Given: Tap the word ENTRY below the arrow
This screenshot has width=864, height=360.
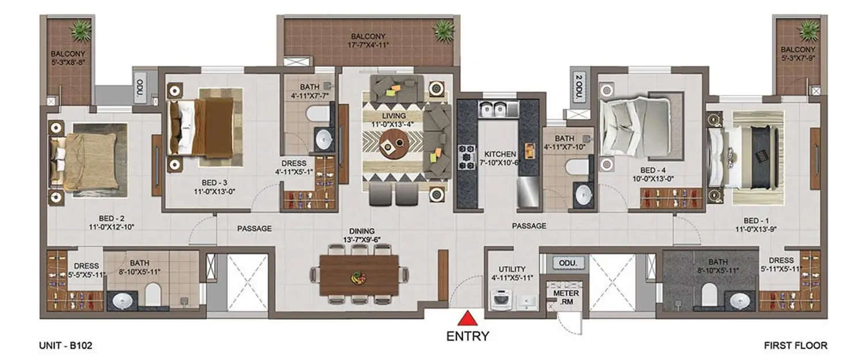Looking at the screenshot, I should pos(468,336).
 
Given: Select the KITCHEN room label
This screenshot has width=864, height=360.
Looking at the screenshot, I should pos(499,154).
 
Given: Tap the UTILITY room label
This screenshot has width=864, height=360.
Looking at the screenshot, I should pos(511,269).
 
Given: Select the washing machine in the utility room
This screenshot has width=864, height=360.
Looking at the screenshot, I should pos(499,300).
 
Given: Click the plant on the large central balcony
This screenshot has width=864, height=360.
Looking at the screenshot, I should pos(444,30).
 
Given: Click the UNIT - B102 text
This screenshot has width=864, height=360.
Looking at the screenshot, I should pos(66,346).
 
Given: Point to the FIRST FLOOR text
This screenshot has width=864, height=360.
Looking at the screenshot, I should pos(795,346).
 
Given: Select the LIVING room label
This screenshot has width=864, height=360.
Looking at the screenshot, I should pos(395,116).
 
